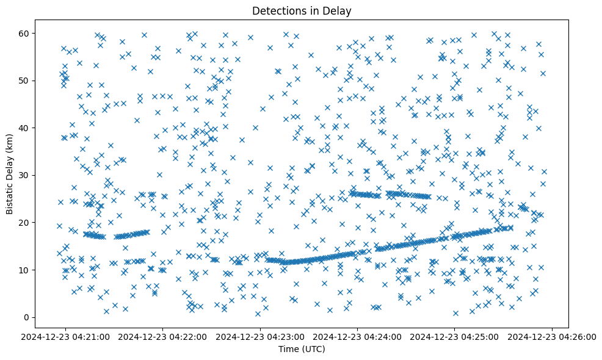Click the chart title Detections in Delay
pyautogui.click(x=302, y=10)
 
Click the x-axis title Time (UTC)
pyautogui.click(x=302, y=349)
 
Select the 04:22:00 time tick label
pyautogui.click(x=164, y=336)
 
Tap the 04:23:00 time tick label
pyautogui.click(x=261, y=336)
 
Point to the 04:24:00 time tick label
pyautogui.click(x=358, y=336)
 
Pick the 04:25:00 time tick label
pyautogui.click(x=455, y=336)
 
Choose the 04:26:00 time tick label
pyautogui.click(x=553, y=336)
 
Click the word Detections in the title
pyautogui.click(x=278, y=10)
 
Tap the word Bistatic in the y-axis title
pyautogui.click(x=10, y=196)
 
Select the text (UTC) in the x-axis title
pyautogui.click(x=314, y=349)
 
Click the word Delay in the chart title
pyautogui.click(x=339, y=10)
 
